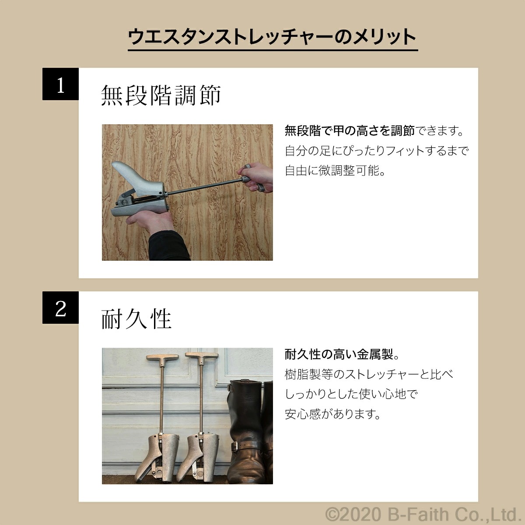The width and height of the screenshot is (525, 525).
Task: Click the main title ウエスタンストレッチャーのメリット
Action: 272,37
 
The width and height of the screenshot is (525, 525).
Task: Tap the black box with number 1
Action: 60,85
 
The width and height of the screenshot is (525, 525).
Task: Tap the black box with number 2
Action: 60,308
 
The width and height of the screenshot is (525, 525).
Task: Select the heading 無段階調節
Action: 161,95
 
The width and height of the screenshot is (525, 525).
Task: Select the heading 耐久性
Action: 136,318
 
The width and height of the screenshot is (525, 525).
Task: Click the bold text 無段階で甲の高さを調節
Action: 349,130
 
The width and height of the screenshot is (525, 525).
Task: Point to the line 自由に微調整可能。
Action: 336,171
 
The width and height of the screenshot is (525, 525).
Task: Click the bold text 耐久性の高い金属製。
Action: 342,354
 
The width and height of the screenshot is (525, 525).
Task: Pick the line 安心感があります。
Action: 333,414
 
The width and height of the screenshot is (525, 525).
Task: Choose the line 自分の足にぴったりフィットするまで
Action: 377,151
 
